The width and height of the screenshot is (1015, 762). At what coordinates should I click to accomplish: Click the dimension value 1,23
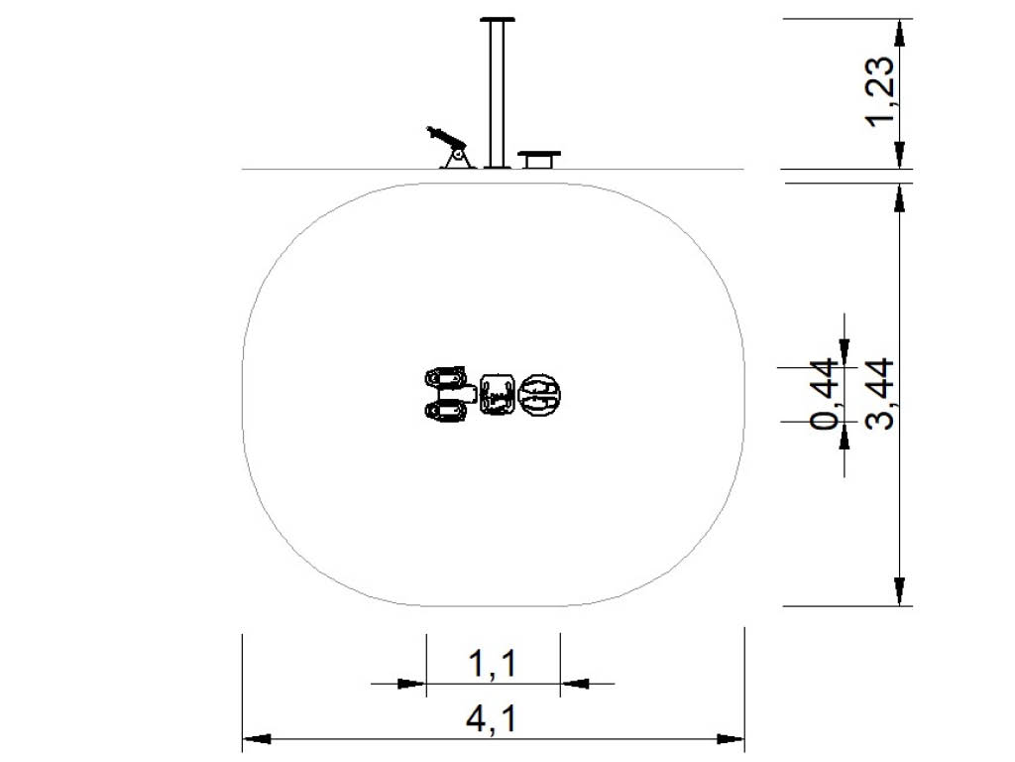[x=881, y=92]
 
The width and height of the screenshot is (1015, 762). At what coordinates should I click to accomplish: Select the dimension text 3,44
[x=881, y=393]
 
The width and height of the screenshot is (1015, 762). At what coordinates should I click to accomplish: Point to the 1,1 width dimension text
[x=492, y=664]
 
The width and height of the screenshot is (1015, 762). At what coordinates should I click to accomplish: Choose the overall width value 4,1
[x=492, y=719]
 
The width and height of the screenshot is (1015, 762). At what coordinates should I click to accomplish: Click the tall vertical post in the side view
[x=497, y=94]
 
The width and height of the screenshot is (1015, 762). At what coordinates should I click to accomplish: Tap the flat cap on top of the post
[x=498, y=20]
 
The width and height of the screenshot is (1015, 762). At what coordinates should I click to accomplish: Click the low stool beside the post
[x=539, y=160]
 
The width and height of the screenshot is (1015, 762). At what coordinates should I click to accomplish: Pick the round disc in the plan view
[x=541, y=395]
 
